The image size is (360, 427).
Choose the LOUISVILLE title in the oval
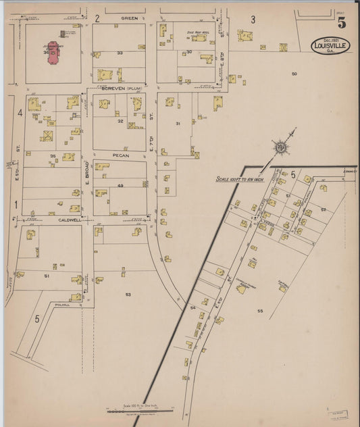tap(331, 47)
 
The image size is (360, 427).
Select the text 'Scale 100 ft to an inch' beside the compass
tap(242, 179)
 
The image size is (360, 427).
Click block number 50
tap(294, 73)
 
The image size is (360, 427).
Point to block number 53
tap(128, 295)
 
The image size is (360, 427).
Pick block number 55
tap(259, 311)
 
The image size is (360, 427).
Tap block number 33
tap(120, 52)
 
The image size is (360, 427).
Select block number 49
tap(120, 185)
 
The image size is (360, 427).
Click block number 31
tap(178, 123)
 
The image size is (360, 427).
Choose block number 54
tap(192, 308)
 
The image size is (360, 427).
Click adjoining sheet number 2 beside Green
tap(97, 18)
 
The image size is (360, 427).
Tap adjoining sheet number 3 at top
tap(253, 19)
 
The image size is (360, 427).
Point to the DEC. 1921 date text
tap(330, 38)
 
